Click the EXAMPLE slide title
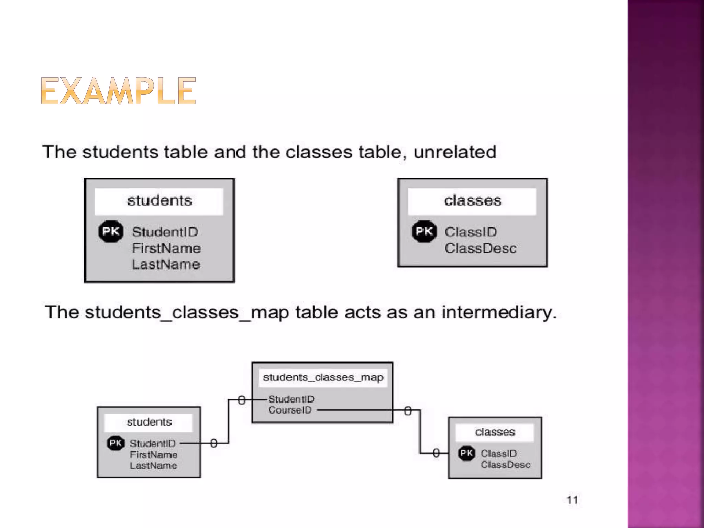pyautogui.click(x=118, y=91)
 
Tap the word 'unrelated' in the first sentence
pyautogui.click(x=455, y=152)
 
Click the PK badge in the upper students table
pyautogui.click(x=111, y=231)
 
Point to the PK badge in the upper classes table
pyautogui.click(x=424, y=231)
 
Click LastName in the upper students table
pyautogui.click(x=166, y=264)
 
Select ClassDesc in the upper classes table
pyautogui.click(x=480, y=248)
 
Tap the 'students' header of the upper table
pyautogui.click(x=159, y=201)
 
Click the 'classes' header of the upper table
pyautogui.click(x=472, y=201)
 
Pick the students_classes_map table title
pyautogui.click(x=323, y=377)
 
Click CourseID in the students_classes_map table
pyautogui.click(x=290, y=410)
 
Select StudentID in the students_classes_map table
pyautogui.click(x=291, y=399)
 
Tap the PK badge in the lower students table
pyautogui.click(x=115, y=443)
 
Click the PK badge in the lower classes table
pyautogui.click(x=466, y=453)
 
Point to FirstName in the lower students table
pyautogui.click(x=154, y=455)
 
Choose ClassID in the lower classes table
pyautogui.click(x=499, y=454)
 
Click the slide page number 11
pyautogui.click(x=572, y=500)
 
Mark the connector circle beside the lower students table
pyautogui.click(x=213, y=443)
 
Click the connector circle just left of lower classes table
pyautogui.click(x=436, y=453)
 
